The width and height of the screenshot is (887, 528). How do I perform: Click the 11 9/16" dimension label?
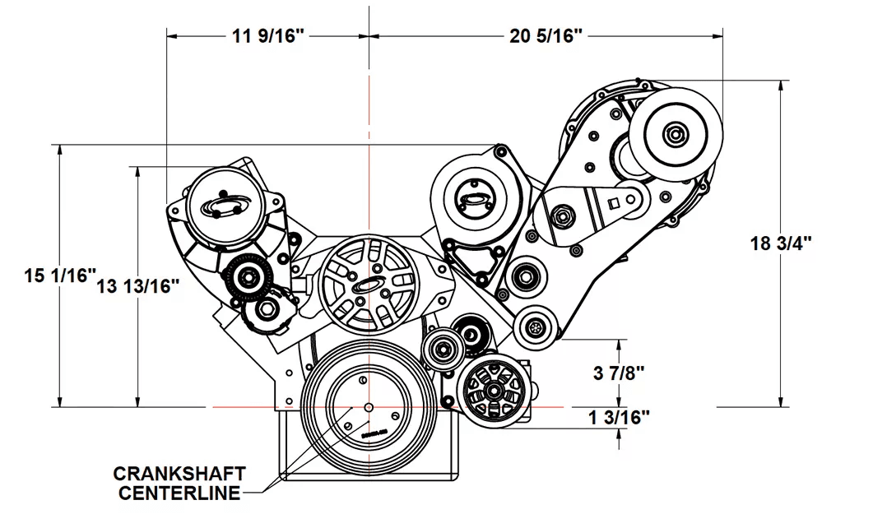click(x=265, y=35)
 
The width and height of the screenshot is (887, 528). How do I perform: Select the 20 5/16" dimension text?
click(x=546, y=35)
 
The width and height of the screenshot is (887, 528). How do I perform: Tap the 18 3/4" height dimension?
click(x=782, y=243)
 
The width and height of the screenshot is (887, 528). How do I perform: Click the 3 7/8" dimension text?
click(x=618, y=373)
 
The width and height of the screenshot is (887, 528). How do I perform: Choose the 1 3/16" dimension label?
click(x=619, y=417)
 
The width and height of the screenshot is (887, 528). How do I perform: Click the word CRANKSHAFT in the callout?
click(x=179, y=474)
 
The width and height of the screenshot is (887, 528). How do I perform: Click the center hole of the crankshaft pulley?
click(x=369, y=407)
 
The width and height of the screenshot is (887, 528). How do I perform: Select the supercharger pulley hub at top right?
click(x=676, y=134)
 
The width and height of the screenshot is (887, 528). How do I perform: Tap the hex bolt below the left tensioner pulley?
click(x=266, y=311)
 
